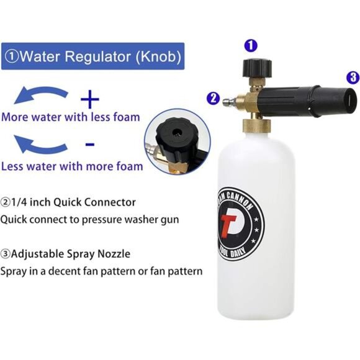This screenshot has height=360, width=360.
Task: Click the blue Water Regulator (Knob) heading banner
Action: click(93, 56)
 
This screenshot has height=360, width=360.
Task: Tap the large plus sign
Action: click(90, 97)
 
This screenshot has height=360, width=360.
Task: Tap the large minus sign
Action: click(90, 145)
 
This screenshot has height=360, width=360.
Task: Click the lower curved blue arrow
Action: click(42, 145)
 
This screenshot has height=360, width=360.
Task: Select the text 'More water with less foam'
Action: click(70, 117)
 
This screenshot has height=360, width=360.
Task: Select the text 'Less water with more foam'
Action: click(72, 166)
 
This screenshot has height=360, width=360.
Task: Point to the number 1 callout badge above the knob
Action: click(250, 44)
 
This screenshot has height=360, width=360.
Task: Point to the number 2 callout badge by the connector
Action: click(213, 97)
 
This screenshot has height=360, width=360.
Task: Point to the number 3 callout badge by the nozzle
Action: click(353, 78)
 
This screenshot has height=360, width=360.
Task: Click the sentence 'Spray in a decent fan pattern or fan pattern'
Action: click(101, 271)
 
